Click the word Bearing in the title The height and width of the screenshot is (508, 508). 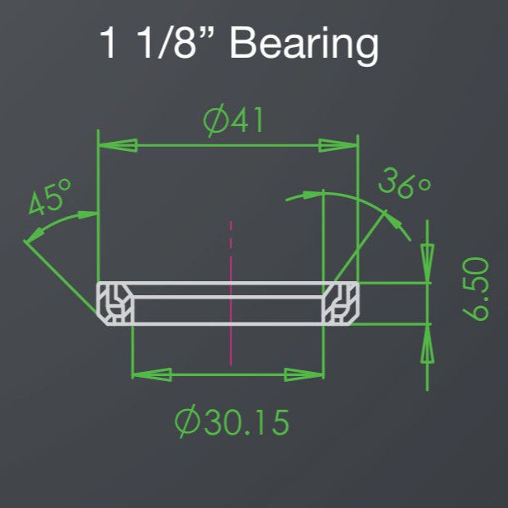click(x=303, y=45)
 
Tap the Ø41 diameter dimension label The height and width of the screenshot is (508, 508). click(x=233, y=120)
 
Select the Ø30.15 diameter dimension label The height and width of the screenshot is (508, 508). click(x=232, y=421)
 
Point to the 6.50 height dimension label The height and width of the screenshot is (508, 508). click(x=476, y=289)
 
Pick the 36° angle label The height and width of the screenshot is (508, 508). click(x=404, y=183)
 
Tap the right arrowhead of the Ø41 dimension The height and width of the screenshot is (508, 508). click(x=338, y=145)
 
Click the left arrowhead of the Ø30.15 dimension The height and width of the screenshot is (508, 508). click(x=152, y=375)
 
